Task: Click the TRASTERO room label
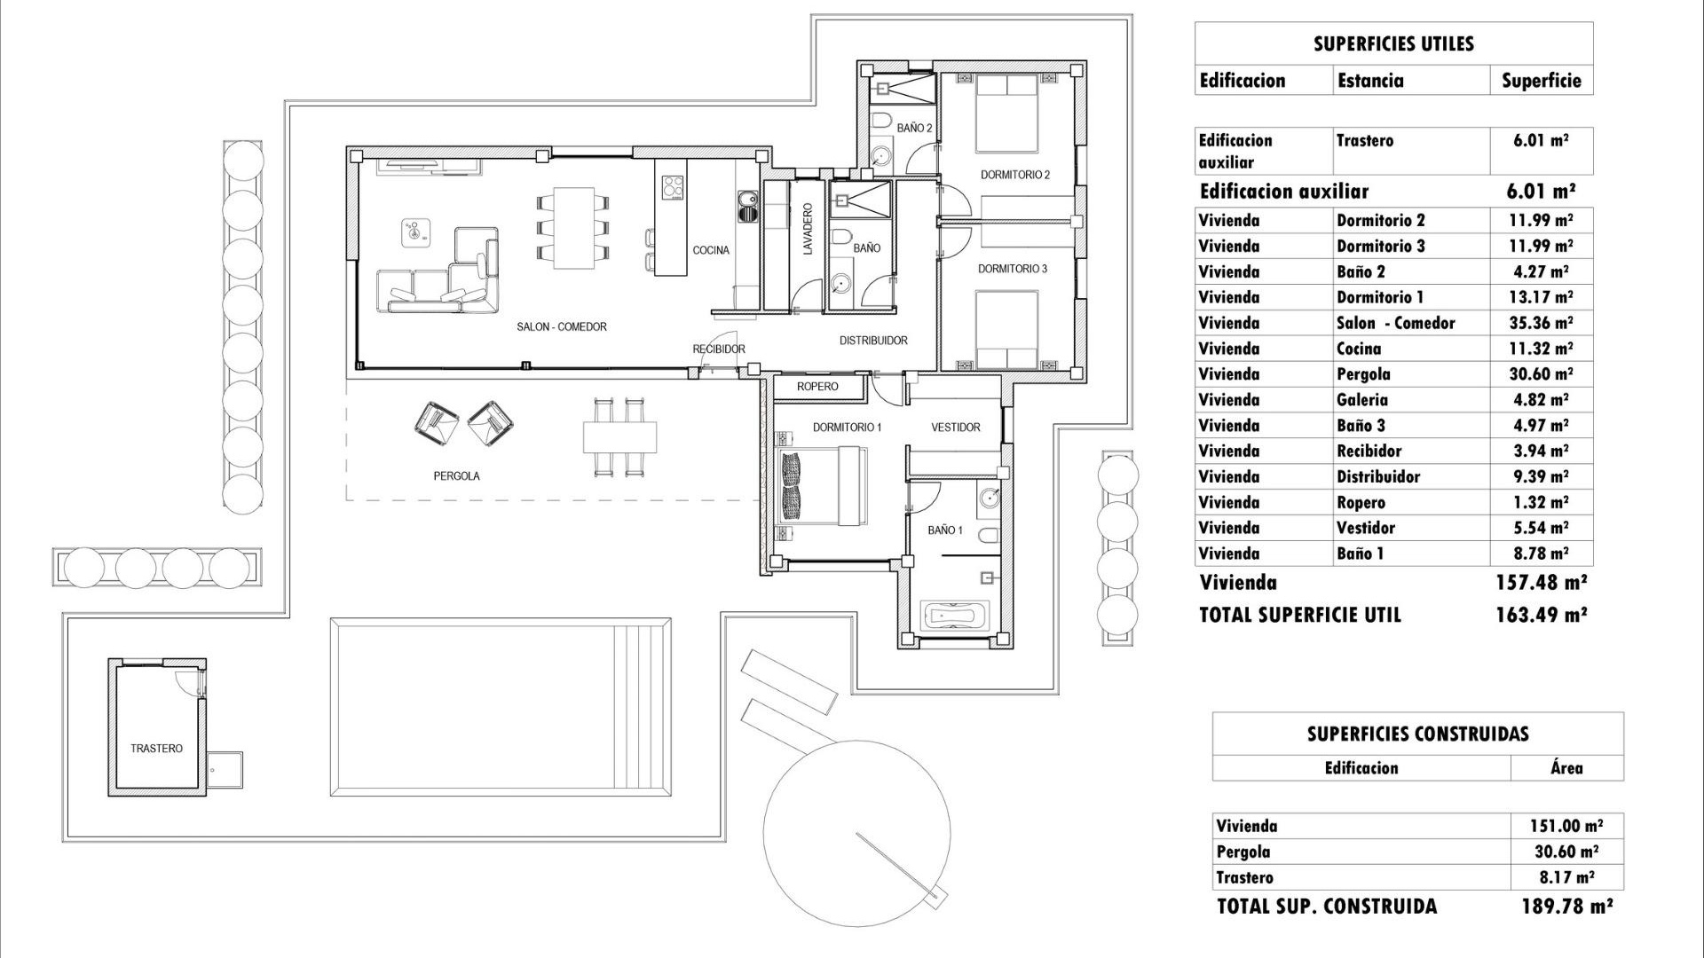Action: click(156, 749)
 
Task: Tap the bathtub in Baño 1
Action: click(954, 615)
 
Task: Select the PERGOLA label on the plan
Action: click(456, 476)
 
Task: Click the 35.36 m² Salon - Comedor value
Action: click(1541, 323)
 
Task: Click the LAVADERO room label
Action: click(808, 230)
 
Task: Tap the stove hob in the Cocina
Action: click(674, 187)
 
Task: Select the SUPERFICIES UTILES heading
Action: click(1393, 44)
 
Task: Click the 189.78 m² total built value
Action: click(1566, 907)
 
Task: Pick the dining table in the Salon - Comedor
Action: click(574, 227)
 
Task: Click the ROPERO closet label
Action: click(816, 387)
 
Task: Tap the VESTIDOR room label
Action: click(955, 428)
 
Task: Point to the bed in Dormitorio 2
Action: click(1006, 114)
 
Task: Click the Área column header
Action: click(1566, 768)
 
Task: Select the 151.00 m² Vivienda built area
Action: click(1566, 826)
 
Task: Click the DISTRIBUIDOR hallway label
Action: click(873, 341)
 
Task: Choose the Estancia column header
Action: click(1370, 81)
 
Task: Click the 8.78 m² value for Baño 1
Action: click(1539, 554)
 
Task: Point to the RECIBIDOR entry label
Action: click(719, 349)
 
